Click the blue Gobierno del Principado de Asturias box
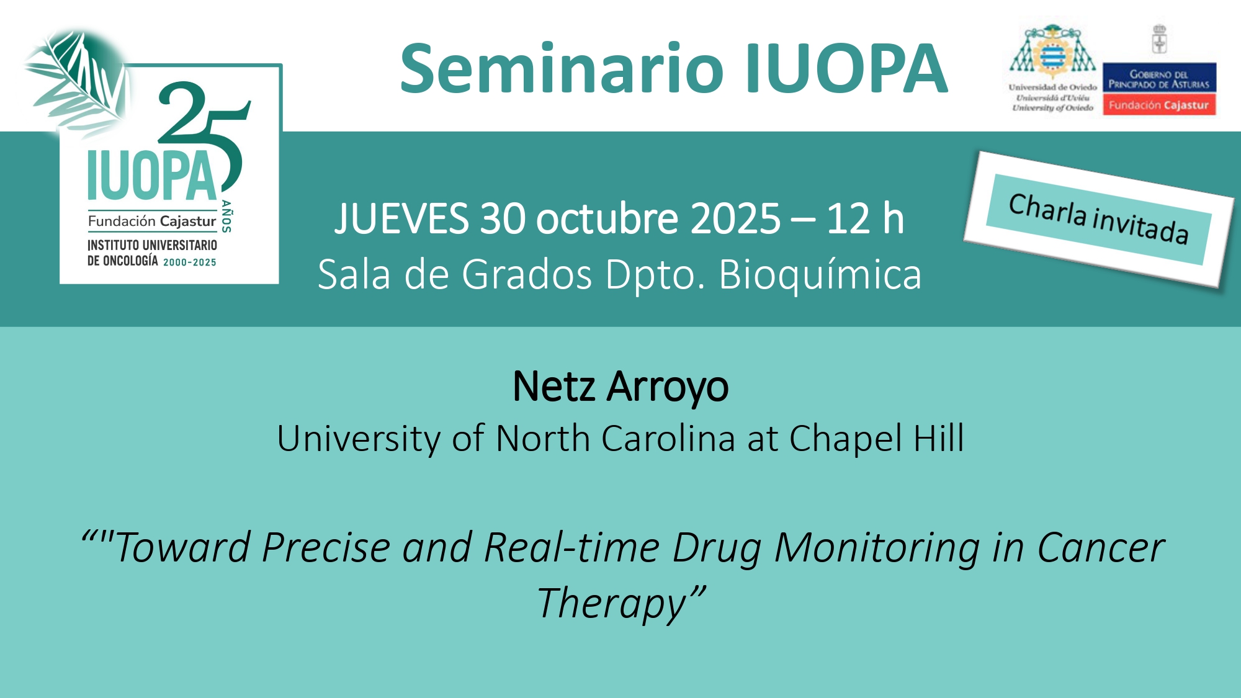click(x=1159, y=78)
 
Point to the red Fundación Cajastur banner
click(x=1159, y=105)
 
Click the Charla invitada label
click(x=1098, y=219)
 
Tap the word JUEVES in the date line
click(x=401, y=218)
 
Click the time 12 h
click(x=866, y=218)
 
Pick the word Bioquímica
click(x=820, y=274)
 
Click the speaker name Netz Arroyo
click(x=620, y=387)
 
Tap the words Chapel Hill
click(x=876, y=438)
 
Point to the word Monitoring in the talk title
click(x=877, y=548)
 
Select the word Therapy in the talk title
click(x=612, y=604)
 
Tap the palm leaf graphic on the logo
click(x=78, y=78)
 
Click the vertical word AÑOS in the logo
click(x=226, y=217)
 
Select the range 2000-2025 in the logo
click(x=190, y=262)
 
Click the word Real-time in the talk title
click(x=571, y=547)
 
